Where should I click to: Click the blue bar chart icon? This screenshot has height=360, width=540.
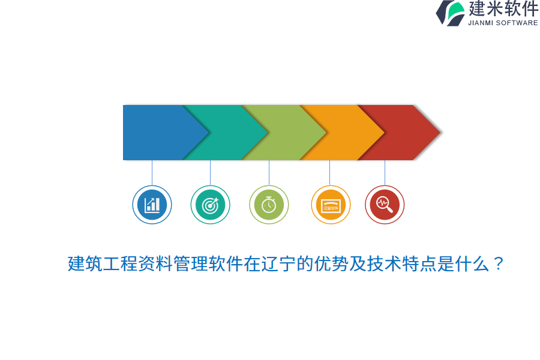152,205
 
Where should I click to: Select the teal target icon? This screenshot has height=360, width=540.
210,205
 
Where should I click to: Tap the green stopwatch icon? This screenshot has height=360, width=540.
269,205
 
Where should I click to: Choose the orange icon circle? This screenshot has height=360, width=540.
331,205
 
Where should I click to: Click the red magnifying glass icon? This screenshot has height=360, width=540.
385,205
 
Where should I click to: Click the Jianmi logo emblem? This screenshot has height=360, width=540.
451,13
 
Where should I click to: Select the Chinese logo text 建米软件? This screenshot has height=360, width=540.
503,9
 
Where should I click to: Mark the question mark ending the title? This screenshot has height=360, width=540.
498,263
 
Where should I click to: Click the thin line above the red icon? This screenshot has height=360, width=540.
385,173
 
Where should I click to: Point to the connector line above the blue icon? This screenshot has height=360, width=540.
152,173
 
